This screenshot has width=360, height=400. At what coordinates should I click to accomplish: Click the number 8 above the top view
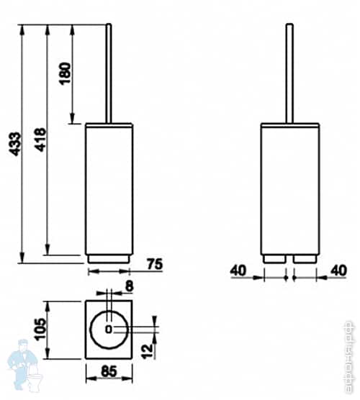coord(129,286)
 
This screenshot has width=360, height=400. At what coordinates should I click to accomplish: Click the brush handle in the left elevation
coord(109,72)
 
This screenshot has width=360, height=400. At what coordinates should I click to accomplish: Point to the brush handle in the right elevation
coord(289,72)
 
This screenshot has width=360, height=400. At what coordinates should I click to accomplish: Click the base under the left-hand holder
coord(109,258)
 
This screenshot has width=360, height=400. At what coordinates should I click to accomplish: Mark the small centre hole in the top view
coord(109,329)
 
